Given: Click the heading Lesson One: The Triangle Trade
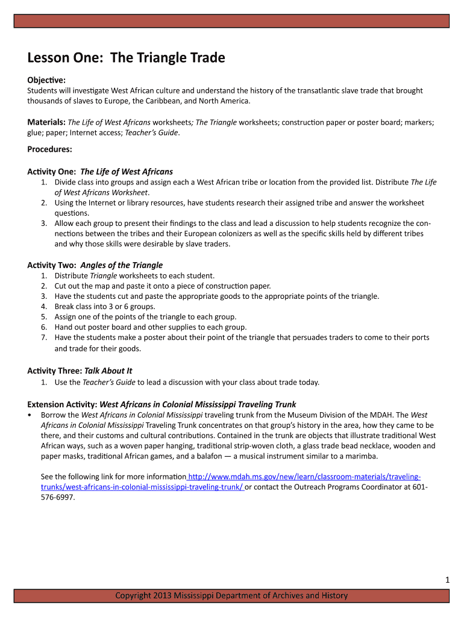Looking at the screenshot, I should (x=126, y=58).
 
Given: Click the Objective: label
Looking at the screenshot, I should (x=46, y=80).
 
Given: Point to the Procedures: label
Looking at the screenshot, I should (x=49, y=149).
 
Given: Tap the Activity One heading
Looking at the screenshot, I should (x=100, y=172).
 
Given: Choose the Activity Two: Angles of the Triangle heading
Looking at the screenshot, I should (x=95, y=265).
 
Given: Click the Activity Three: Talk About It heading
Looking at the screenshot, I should (x=80, y=371).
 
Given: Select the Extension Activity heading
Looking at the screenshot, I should (x=161, y=404).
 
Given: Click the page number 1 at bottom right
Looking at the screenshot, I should (x=447, y=580).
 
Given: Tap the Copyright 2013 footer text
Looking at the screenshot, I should (x=232, y=596).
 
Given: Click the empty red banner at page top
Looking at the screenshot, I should (x=232, y=21).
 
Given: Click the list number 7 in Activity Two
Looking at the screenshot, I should (x=44, y=337).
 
